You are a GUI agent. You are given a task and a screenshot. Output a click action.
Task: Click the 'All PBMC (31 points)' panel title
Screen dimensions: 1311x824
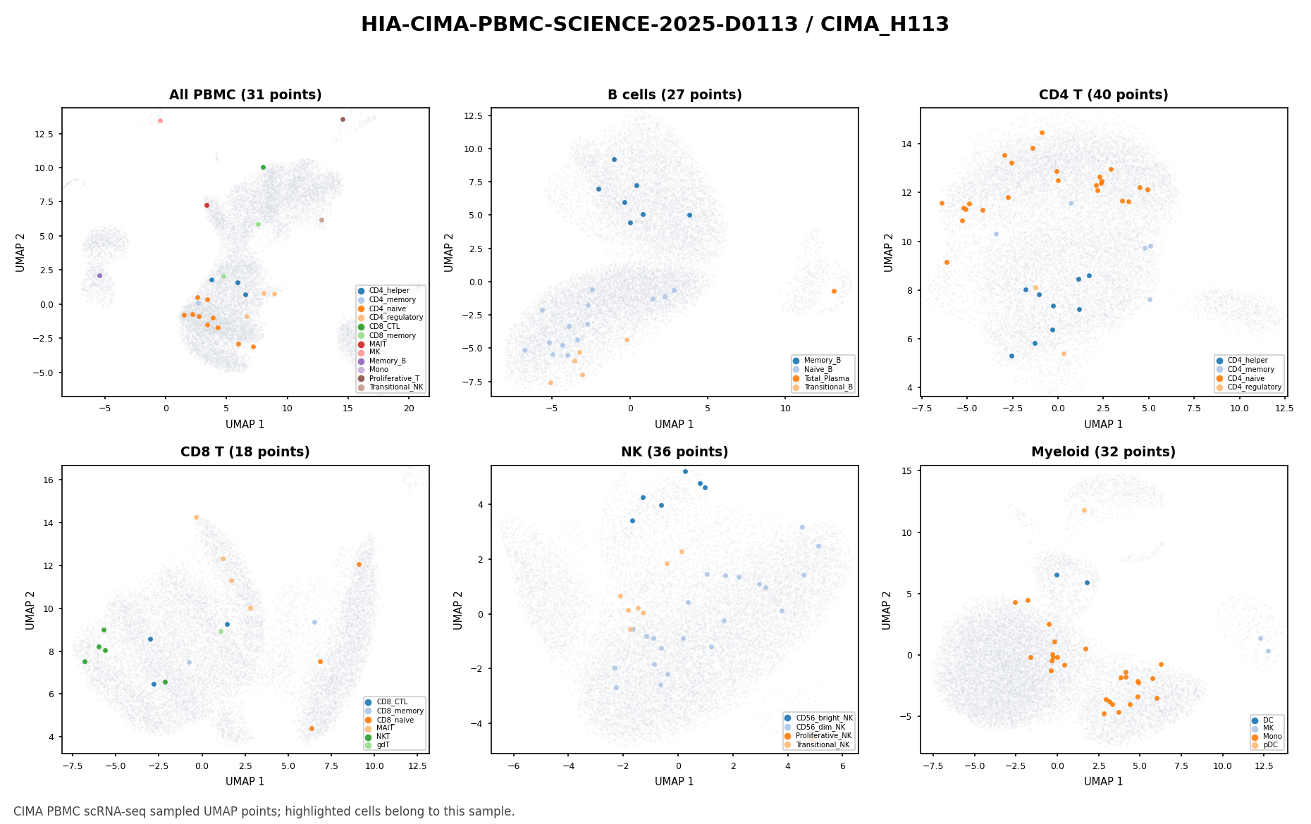245,95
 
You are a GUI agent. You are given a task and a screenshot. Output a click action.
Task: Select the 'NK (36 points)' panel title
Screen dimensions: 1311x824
675,452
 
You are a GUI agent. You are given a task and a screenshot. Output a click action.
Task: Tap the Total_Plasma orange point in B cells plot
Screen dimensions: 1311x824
834,291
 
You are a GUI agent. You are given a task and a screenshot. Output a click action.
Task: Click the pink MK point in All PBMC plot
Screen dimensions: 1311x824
160,120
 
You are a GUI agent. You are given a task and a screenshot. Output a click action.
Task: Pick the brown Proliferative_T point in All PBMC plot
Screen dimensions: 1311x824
343,119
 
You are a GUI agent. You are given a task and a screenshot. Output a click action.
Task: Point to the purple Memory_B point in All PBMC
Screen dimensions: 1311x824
99,275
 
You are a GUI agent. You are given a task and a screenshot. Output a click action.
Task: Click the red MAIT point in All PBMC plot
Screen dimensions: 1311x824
207,205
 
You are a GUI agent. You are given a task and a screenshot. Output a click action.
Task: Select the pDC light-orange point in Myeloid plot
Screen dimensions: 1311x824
1084,510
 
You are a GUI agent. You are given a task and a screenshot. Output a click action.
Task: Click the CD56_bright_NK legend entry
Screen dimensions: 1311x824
819,718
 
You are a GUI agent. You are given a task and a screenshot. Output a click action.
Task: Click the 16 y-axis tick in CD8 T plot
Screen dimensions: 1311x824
49,480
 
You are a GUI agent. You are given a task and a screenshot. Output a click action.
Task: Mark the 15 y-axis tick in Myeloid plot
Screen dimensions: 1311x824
908,470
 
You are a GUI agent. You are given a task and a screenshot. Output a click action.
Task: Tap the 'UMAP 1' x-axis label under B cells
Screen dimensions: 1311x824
675,424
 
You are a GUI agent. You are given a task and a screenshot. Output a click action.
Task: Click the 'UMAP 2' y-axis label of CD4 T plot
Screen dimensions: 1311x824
889,252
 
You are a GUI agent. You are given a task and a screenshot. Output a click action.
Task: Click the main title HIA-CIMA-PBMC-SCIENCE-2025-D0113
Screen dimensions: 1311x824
579,25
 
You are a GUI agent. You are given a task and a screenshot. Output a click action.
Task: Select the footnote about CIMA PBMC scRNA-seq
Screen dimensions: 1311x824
264,811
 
